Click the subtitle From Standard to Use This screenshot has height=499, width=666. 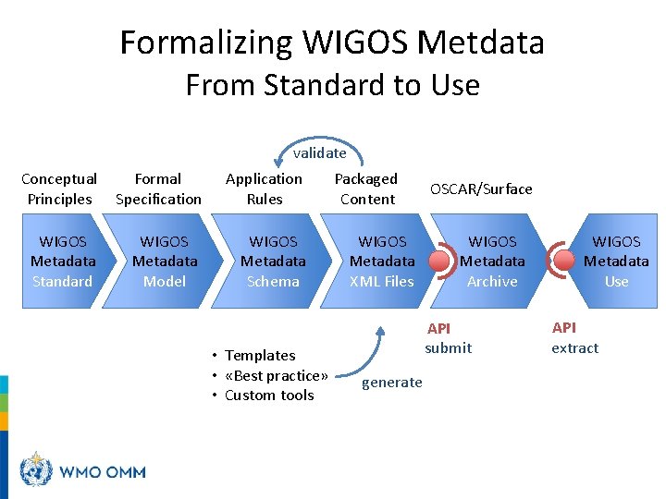tap(332, 85)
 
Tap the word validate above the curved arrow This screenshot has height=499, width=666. tap(319, 153)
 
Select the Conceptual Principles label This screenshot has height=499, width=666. tap(59, 189)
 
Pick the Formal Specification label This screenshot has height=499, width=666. tap(158, 189)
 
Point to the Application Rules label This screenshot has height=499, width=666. tap(264, 189)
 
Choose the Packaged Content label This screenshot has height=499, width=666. tap(366, 189)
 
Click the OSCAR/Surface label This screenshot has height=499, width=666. tap(481, 189)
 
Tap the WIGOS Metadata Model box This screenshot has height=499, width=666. tap(165, 262)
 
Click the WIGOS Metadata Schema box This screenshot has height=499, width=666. tap(274, 262)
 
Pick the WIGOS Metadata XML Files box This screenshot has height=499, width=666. tap(382, 262)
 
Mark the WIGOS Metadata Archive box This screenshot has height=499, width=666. tap(492, 262)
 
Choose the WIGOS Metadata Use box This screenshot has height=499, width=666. tap(616, 262)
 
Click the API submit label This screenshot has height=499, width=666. tap(448, 338)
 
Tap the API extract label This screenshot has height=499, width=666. tap(574, 338)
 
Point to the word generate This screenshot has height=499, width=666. tap(391, 383)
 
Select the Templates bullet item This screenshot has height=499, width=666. tap(259, 356)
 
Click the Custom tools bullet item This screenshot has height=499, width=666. tap(268, 396)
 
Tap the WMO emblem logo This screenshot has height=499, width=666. tap(37, 470)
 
